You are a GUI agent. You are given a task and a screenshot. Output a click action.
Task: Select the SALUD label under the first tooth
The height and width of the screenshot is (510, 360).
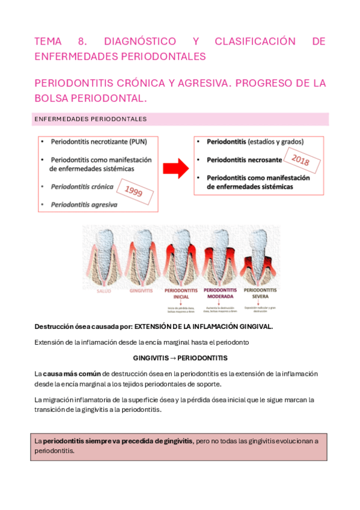pyautogui.click(x=103, y=290)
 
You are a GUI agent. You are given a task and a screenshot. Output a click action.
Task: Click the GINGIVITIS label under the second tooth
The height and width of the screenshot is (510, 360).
pyautogui.click(x=141, y=290)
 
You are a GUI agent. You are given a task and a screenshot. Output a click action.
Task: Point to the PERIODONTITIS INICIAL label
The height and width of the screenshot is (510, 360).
pyautogui.click(x=182, y=293)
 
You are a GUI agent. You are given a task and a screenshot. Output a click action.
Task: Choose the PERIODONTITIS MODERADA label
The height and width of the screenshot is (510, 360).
pyautogui.click(x=220, y=293)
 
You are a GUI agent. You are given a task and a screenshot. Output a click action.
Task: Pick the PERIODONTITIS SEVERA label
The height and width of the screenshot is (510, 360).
pyautogui.click(x=260, y=293)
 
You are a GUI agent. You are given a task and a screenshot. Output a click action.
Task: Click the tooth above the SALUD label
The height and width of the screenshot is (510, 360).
pyautogui.click(x=104, y=253)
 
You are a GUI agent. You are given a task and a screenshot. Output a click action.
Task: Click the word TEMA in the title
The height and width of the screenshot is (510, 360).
pyautogui.click(x=48, y=41)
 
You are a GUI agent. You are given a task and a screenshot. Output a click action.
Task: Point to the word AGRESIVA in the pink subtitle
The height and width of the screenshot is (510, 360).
pyautogui.click(x=201, y=84)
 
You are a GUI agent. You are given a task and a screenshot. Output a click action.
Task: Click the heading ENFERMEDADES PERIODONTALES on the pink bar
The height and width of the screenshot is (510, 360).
pyautogui.click(x=90, y=119)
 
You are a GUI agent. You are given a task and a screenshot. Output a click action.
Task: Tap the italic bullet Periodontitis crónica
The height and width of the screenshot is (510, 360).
pyautogui.click(x=82, y=187)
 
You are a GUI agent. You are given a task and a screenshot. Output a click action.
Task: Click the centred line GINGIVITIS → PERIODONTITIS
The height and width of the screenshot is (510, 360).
pyautogui.click(x=180, y=358)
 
